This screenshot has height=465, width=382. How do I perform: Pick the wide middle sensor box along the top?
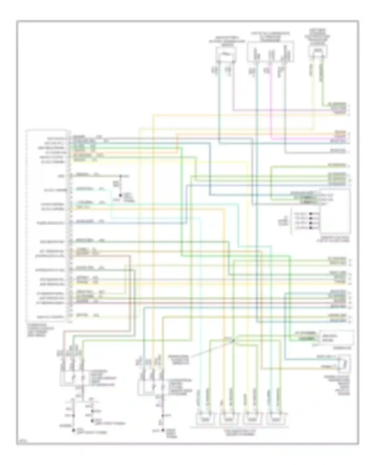(x=270, y=52)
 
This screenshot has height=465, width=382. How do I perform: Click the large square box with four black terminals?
(x=335, y=211)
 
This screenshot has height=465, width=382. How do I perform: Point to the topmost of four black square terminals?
(x=311, y=214)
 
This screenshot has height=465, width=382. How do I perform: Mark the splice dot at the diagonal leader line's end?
(x=234, y=340)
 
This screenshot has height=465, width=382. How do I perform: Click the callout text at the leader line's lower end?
(x=178, y=360)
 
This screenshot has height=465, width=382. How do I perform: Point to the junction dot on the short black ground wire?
(x=120, y=176)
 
